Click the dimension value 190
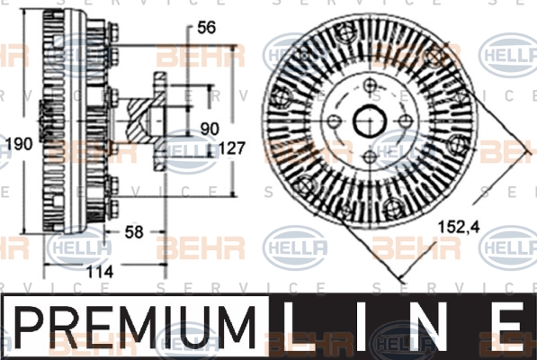click(20, 144)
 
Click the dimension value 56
click(207, 27)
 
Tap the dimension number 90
click(210, 129)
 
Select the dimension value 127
click(232, 148)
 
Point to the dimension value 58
click(134, 232)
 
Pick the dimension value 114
click(99, 272)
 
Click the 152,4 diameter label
click(460, 227)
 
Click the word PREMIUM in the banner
click(135, 328)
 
